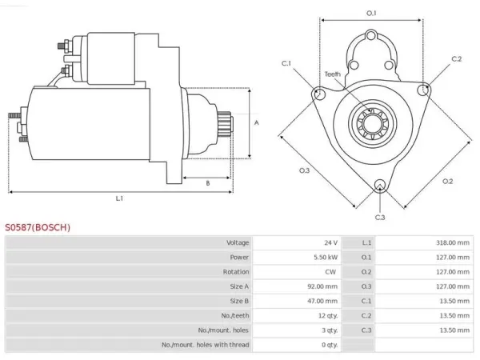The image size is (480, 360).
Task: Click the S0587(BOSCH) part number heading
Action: pyautogui.click(x=38, y=227)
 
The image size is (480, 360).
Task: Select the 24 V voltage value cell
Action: pyautogui.click(x=331, y=242)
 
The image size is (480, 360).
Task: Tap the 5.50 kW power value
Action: pyautogui.click(x=326, y=258)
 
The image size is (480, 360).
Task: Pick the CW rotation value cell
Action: pyautogui.click(x=330, y=272)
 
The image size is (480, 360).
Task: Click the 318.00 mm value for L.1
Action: pyautogui.click(x=453, y=242)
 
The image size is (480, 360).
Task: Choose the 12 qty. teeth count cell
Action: pyautogui.click(x=328, y=316)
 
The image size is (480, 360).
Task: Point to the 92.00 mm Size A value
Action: pyautogui.click(x=322, y=286)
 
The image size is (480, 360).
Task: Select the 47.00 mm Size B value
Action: pyautogui.click(x=322, y=302)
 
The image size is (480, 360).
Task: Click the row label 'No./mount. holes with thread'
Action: pyautogui.click(x=205, y=345)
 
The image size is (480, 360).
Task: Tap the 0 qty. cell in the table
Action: pyautogui.click(x=330, y=345)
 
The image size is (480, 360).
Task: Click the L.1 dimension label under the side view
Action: pyautogui.click(x=119, y=198)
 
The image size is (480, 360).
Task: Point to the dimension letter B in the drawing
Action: pyautogui.click(x=208, y=183)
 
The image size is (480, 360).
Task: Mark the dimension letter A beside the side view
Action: pyautogui.click(x=257, y=122)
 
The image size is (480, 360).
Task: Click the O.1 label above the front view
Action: pyautogui.click(x=371, y=13)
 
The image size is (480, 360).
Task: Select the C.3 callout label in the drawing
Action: pyautogui.click(x=380, y=218)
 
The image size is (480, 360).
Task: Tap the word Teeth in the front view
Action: pyautogui.click(x=333, y=74)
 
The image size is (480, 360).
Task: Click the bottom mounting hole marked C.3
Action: pyautogui.click(x=380, y=186)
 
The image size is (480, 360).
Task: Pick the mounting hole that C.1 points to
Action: pyautogui.click(x=319, y=94)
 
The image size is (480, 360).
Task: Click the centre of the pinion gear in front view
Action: pyautogui.click(x=373, y=124)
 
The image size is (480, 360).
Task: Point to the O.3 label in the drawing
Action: pyautogui.click(x=304, y=170)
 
